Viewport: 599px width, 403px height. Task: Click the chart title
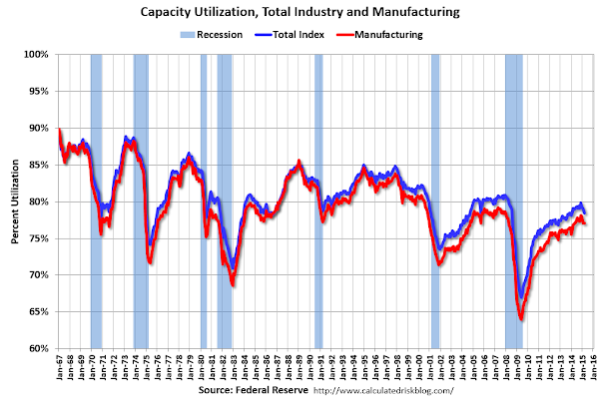pos(299,13)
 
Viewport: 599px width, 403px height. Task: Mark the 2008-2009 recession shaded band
pos(515,200)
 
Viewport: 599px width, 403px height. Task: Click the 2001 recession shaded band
pos(435,200)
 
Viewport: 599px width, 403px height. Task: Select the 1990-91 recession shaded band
pos(318,200)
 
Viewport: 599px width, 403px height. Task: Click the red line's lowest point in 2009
pos(521,319)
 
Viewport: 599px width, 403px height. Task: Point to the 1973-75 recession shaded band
pos(141,200)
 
